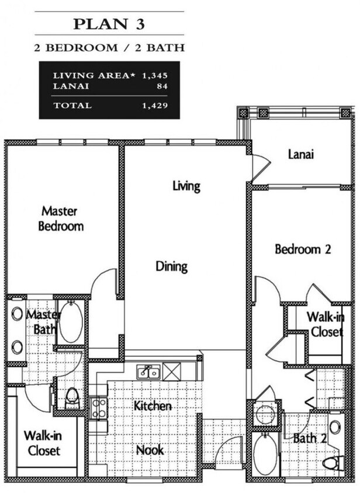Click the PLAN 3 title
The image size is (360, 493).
point(109,24)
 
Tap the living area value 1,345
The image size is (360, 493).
point(154,75)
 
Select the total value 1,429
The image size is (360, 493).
point(154,105)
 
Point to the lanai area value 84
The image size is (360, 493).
point(162,86)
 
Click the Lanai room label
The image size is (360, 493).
point(301,154)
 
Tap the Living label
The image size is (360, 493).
point(186,186)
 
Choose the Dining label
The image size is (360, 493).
point(172,266)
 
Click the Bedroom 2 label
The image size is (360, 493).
point(303,249)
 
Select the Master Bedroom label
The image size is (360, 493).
point(61,218)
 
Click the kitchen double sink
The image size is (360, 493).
point(148,373)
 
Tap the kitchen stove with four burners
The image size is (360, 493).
point(99,408)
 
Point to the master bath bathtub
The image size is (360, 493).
point(71,321)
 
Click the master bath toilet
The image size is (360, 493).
point(72,398)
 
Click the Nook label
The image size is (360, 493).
point(150,450)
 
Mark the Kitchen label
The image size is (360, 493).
point(153,406)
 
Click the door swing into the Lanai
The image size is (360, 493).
point(261,167)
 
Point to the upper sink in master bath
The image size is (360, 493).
point(17,314)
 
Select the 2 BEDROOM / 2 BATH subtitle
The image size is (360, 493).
point(109,48)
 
